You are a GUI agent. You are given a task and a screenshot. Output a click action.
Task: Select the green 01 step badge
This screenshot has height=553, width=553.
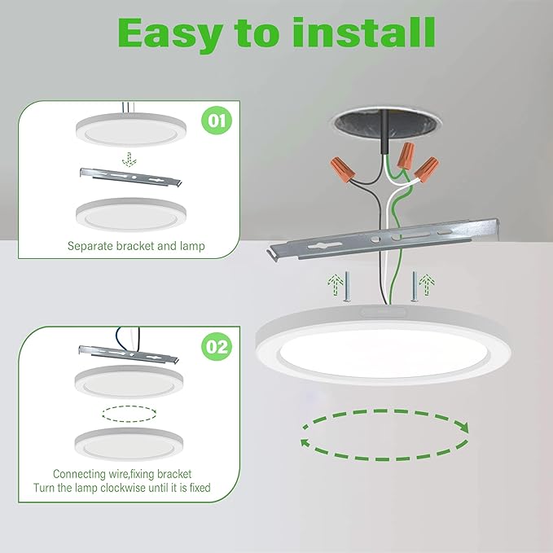tap(215, 122)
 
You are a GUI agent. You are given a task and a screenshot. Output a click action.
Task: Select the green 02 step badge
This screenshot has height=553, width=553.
tap(216, 347)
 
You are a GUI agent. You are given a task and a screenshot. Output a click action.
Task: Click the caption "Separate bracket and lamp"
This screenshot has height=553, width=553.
tap(136, 245)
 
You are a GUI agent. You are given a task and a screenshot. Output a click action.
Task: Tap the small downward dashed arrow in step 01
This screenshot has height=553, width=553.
tap(125, 155)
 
